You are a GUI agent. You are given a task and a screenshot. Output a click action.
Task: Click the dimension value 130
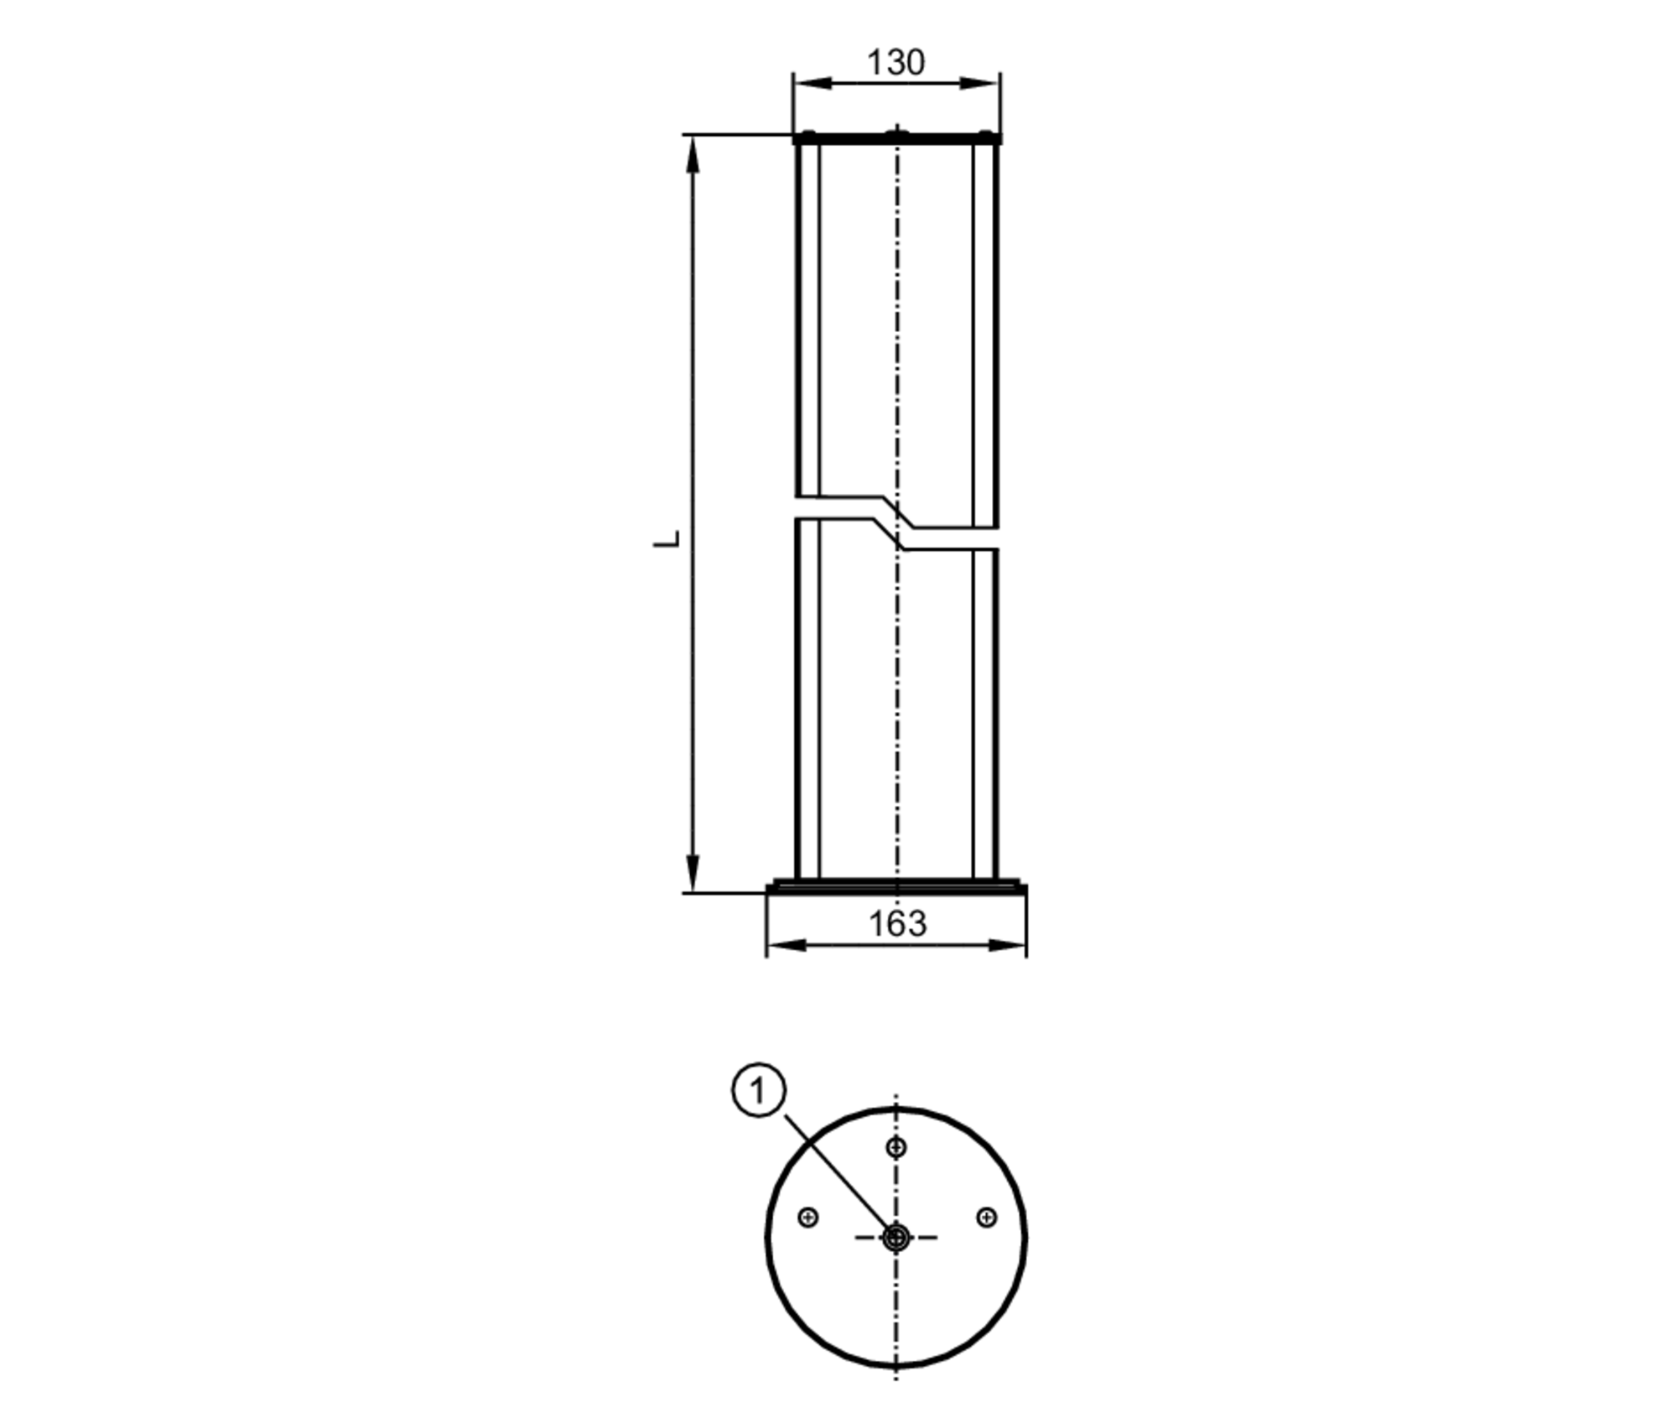point(895,63)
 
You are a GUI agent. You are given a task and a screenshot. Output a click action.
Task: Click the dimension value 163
point(896,924)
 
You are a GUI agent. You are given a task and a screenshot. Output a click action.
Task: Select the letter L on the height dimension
point(667,539)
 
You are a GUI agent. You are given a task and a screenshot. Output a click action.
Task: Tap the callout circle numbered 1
point(759,1092)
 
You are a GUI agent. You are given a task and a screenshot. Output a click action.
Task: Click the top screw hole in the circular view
point(896,1147)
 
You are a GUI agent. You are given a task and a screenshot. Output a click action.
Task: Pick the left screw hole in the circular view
point(808,1217)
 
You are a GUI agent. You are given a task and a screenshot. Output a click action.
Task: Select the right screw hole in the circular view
point(987,1217)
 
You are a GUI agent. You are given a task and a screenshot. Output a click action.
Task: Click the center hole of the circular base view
point(896,1238)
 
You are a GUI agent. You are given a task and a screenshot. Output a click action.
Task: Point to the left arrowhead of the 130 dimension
point(809,83)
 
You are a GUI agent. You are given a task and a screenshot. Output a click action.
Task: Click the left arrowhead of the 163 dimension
point(783,946)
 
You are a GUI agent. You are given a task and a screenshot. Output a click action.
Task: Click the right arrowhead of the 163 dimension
point(1010,946)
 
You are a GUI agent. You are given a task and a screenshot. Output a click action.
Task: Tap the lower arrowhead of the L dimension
point(693,874)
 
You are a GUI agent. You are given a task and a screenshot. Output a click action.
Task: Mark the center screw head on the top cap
point(896,132)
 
